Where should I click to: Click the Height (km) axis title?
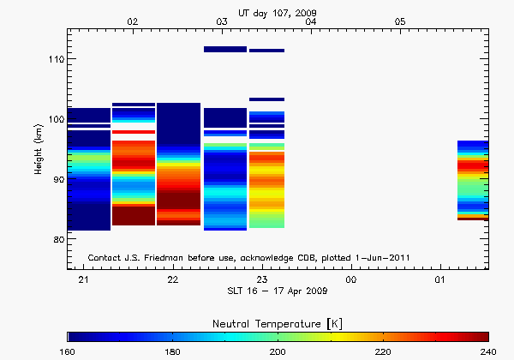click(x=38, y=149)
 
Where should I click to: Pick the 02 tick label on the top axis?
click(x=132, y=21)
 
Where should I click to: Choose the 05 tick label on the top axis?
click(x=399, y=21)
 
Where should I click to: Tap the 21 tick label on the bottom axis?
click(x=84, y=280)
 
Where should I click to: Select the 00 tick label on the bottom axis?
click(x=351, y=280)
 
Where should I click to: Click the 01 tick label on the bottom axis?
click(x=440, y=280)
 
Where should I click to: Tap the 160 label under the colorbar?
click(x=69, y=351)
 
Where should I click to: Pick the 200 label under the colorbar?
click(x=278, y=351)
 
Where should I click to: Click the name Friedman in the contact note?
click(x=173, y=258)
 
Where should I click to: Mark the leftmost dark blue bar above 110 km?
click(x=225, y=50)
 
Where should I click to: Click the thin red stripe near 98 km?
click(x=134, y=132)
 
